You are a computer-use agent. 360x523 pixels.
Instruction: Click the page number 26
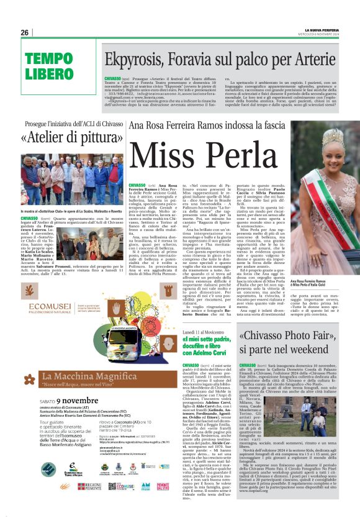point(25,32)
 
